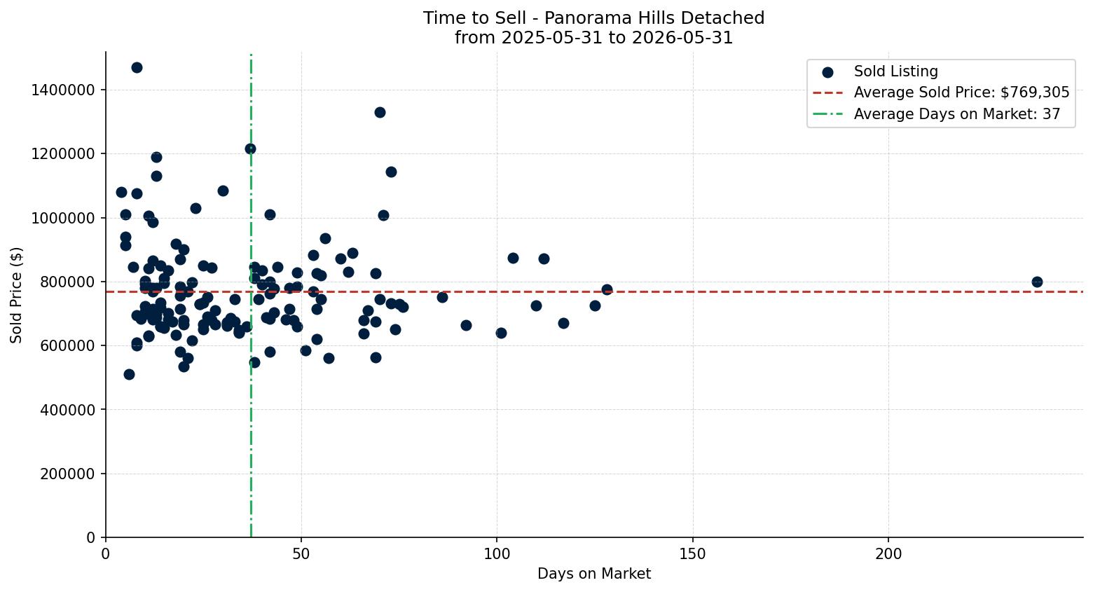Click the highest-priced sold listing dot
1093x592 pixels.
137,67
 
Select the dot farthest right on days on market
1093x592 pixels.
1037,282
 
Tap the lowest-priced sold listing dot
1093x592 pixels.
129,374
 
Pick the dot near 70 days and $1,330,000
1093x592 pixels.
380,112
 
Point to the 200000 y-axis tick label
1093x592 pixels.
67,474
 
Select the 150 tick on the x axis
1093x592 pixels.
693,554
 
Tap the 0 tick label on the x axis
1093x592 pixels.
105,554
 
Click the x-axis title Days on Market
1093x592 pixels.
594,574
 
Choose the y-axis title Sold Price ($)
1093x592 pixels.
16,295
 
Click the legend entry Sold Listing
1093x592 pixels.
895,71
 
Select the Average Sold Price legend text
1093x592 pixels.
961,92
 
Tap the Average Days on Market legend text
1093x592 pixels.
957,113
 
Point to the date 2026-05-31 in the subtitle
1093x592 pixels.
682,38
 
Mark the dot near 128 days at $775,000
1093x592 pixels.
607,289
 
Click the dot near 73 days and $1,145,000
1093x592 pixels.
391,172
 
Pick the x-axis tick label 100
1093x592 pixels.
497,554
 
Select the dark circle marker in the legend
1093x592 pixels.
827,72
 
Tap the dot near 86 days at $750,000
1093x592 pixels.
442,297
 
